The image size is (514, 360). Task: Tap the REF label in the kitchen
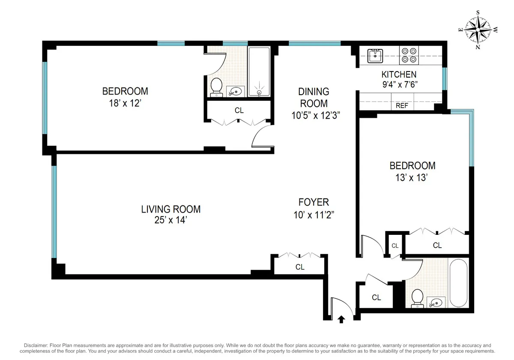[x=402, y=105]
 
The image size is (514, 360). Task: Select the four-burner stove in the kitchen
[x=409, y=54]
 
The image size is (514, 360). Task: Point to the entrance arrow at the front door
[x=341, y=319]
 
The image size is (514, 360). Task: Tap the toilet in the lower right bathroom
[x=417, y=298]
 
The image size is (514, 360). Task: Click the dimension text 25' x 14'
[x=170, y=220]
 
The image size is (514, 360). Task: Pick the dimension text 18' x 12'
[x=125, y=103]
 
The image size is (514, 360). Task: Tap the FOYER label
[x=314, y=202]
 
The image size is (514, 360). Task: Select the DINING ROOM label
[x=314, y=97]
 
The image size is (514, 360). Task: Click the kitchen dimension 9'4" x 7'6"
[x=399, y=84]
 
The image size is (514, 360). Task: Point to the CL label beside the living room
[x=300, y=267]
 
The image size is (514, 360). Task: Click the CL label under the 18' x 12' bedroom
[x=239, y=111]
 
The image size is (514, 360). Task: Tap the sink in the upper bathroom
[x=235, y=90]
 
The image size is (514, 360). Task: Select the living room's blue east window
[x=54, y=212]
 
